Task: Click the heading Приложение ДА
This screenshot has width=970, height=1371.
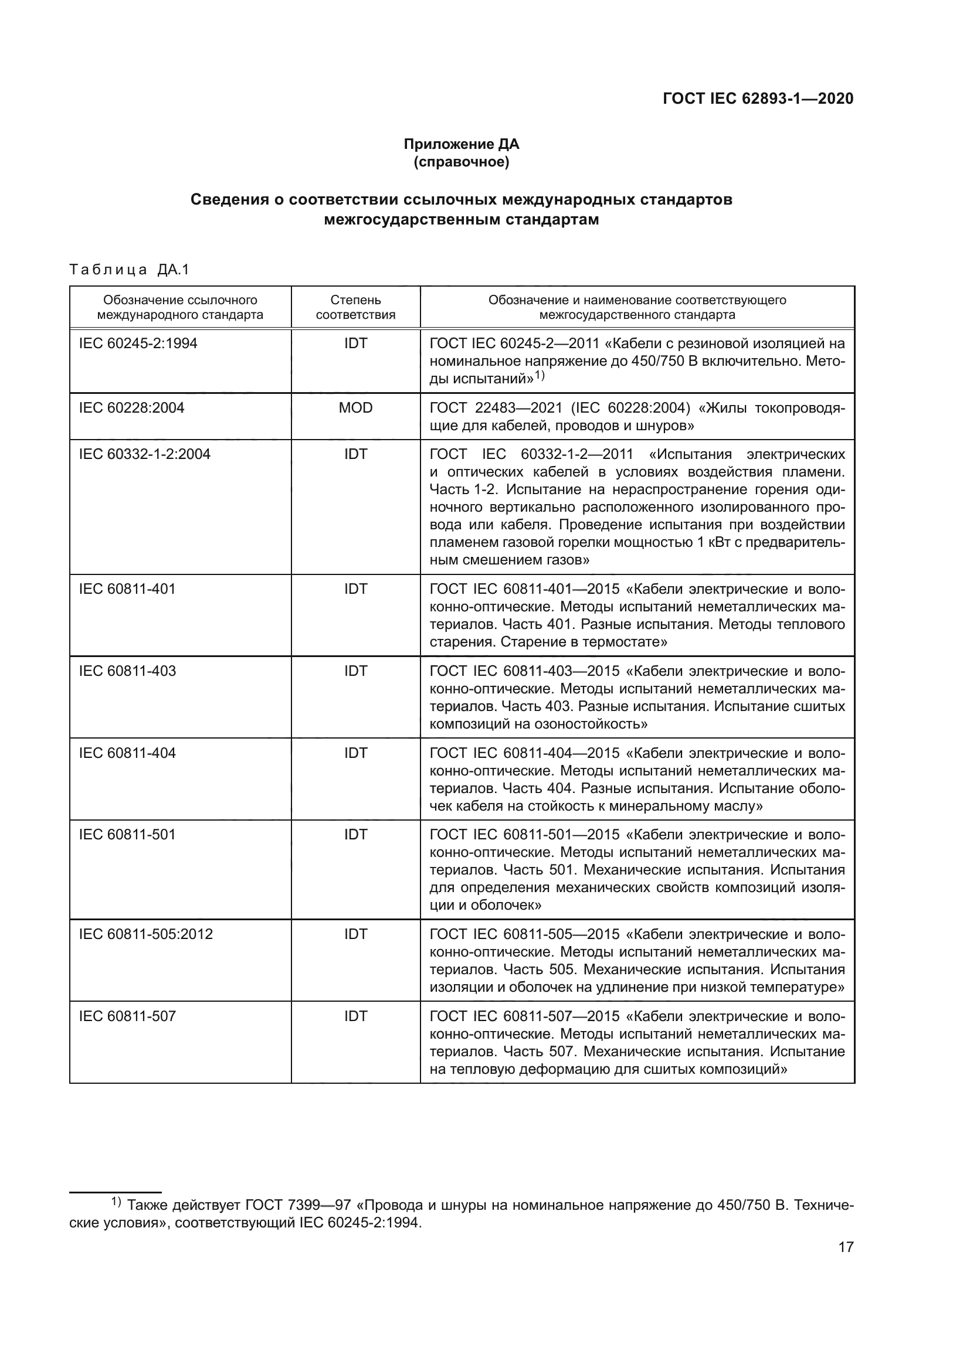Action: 461,144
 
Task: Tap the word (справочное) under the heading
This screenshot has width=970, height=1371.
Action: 461,162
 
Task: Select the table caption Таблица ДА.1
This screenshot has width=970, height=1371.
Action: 129,270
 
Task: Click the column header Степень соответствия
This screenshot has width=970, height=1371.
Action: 355,308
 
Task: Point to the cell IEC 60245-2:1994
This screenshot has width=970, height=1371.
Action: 138,343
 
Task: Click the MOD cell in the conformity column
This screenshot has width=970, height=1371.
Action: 355,408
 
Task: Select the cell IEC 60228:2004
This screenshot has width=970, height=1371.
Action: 131,408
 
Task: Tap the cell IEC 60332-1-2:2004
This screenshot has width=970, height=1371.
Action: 144,454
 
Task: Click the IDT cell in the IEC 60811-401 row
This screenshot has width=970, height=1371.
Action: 355,589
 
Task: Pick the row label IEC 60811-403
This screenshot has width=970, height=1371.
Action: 127,671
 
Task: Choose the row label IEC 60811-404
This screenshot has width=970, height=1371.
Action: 127,753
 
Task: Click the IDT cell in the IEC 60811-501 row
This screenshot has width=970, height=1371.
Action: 355,835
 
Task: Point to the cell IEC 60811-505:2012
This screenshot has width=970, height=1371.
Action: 146,934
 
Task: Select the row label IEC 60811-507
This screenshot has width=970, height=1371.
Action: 127,1016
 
